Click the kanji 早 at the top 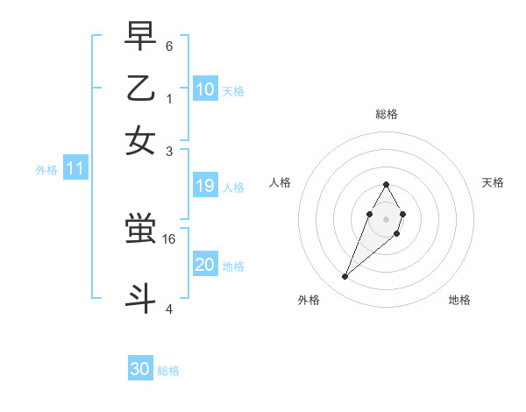coord(140,37)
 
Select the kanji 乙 coord(140,89)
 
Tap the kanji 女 coord(140,140)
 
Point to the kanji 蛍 coord(140,230)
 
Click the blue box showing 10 coord(205,89)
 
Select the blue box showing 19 coord(205,186)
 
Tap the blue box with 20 coord(205,265)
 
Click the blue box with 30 coord(140,369)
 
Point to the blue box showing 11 coord(75,168)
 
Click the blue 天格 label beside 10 coord(233,91)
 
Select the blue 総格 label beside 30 coord(168,371)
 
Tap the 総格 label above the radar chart coord(386,114)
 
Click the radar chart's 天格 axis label coord(494,182)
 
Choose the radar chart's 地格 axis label coord(459,300)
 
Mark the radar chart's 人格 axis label coord(280,182)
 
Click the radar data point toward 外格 coord(345,277)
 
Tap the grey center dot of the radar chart coord(386,218)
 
